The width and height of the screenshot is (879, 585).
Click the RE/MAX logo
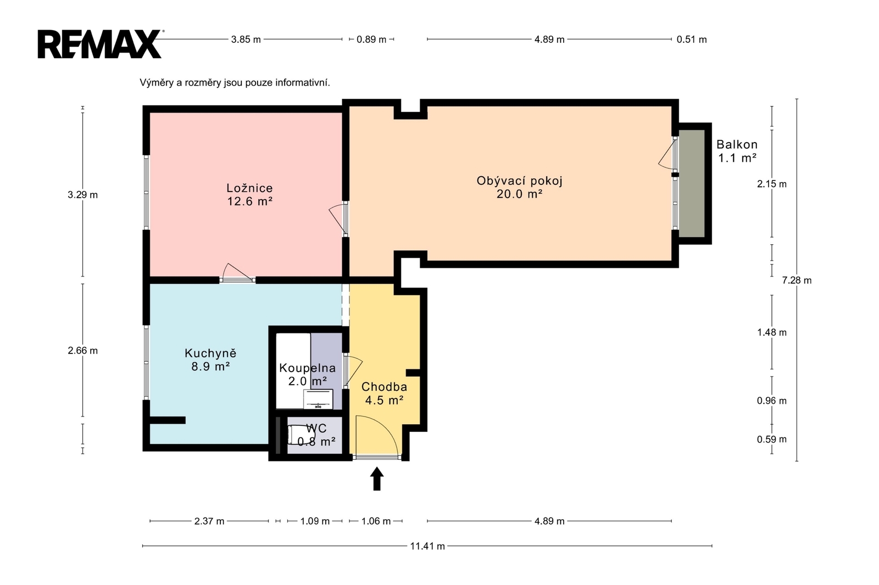point(100,44)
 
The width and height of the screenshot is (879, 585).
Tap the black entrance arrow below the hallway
point(377,479)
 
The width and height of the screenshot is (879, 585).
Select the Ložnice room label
point(249,188)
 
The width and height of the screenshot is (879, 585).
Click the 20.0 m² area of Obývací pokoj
point(520,194)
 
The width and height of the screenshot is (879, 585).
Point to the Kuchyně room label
point(211,353)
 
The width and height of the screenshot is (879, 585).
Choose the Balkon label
point(737,144)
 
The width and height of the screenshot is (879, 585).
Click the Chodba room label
point(384,386)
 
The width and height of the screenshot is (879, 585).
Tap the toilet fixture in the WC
point(301,435)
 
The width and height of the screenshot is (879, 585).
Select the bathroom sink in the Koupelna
point(318,399)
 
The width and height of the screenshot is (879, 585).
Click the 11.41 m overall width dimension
point(427,546)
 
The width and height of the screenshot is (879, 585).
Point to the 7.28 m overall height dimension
point(797,280)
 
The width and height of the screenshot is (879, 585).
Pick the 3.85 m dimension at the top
point(246,39)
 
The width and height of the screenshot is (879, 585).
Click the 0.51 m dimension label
point(692,39)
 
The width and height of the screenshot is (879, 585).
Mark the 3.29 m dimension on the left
point(82,194)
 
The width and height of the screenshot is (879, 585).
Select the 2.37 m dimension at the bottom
point(209,521)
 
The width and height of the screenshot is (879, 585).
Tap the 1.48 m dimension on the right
point(772,332)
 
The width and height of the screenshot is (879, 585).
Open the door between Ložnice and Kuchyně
point(237,273)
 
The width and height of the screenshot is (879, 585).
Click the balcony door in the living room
point(668,155)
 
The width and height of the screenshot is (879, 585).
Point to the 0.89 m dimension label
point(371,39)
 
